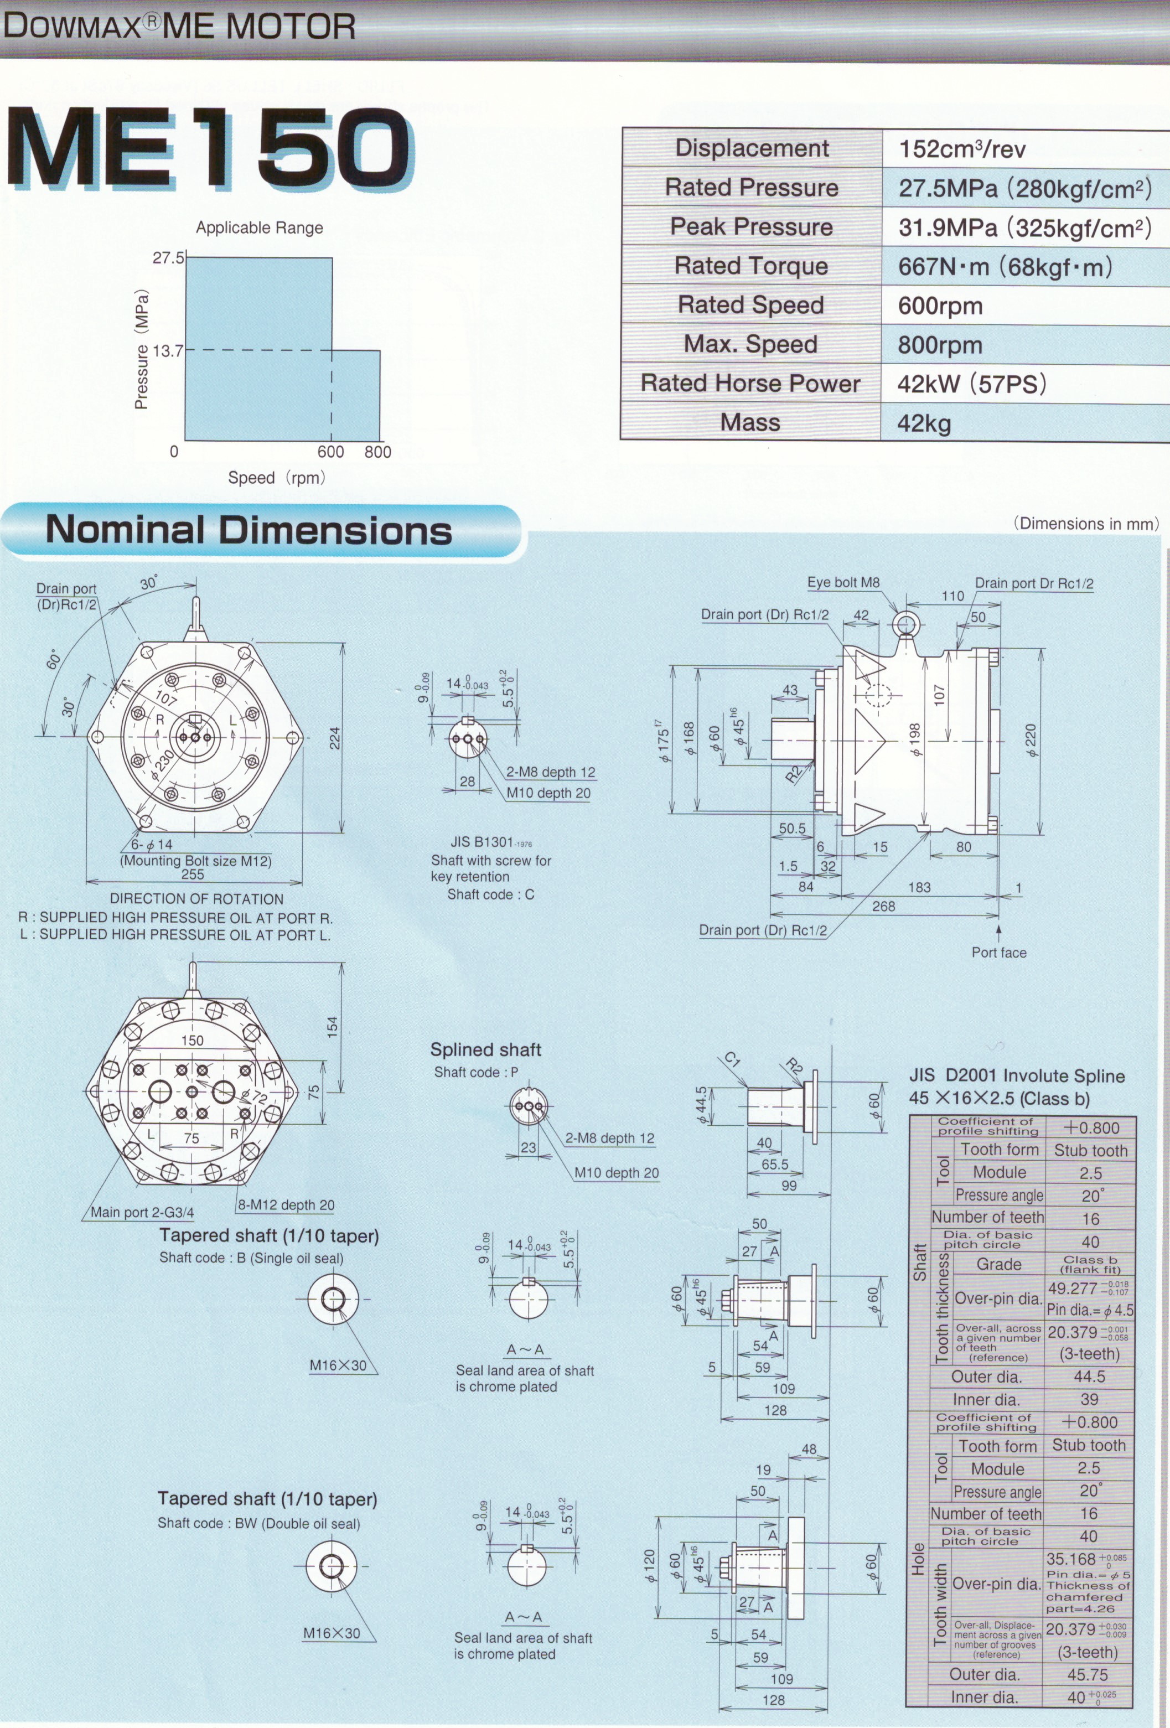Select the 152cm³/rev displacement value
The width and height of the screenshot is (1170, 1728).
point(962,149)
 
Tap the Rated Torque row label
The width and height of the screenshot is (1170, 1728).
point(751,266)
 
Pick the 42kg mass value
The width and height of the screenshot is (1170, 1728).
point(924,423)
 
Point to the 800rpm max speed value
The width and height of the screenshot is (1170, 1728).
point(940,345)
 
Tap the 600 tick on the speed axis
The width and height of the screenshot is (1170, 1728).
point(331,451)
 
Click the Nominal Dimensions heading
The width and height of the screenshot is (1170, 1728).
point(249,530)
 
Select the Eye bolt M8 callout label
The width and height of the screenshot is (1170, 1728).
point(843,582)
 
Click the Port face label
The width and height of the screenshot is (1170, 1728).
point(999,953)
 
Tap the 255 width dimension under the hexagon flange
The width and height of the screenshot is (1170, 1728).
point(193,875)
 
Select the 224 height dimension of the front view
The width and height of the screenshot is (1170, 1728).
point(335,738)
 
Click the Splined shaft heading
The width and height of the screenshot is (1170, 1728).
point(485,1049)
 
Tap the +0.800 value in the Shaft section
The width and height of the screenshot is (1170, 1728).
point(1090,1128)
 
